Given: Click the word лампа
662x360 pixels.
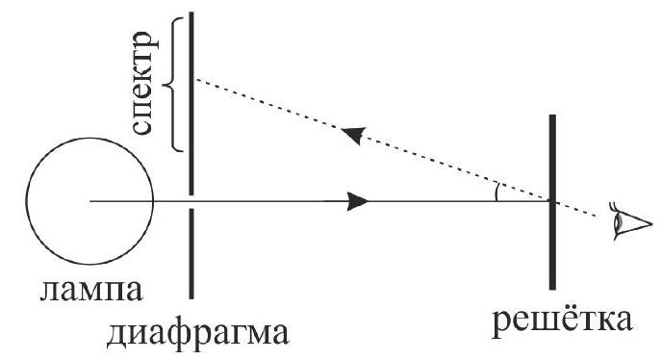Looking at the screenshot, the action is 91,292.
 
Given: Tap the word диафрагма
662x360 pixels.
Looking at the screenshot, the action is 197,335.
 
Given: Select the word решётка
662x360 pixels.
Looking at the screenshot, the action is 562,321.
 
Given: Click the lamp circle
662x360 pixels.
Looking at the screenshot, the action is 27,201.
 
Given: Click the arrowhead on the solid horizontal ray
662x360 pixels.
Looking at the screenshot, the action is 358,201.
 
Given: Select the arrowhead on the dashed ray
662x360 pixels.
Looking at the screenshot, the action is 353,135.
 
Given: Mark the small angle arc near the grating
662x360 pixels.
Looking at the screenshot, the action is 496,192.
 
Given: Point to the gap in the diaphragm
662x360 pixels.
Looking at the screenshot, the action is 191,201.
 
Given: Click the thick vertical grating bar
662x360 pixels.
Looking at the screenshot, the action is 552,202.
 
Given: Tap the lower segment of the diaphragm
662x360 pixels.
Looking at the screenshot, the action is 191,254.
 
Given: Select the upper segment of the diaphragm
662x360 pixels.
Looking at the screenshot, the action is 191,104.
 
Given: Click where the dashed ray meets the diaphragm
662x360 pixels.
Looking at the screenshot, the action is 192,79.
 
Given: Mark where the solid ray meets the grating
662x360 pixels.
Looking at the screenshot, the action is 551,201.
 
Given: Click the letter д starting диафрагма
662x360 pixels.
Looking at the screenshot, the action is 115,336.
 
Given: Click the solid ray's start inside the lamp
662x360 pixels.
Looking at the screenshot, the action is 90,201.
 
